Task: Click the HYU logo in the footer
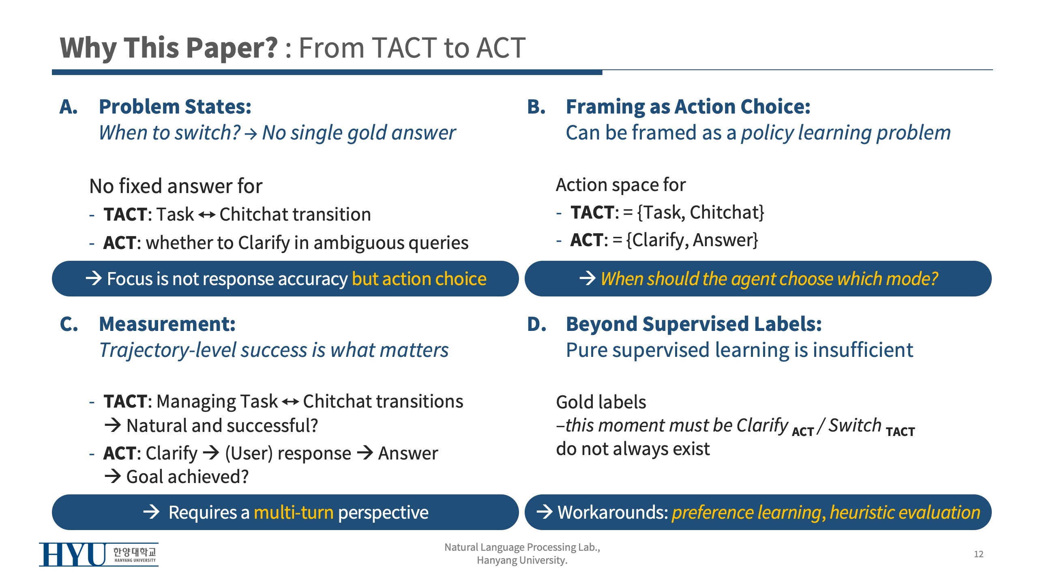tap(99, 554)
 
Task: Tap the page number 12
tap(978, 554)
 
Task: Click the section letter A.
tap(69, 107)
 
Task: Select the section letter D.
tap(536, 324)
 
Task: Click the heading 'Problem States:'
tap(175, 107)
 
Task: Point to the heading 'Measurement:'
tap(167, 324)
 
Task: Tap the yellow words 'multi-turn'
tap(294, 512)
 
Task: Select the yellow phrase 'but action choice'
tap(419, 279)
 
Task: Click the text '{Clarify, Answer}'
tap(692, 240)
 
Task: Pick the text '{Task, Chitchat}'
tap(701, 213)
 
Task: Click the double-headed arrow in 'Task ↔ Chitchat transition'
tap(207, 215)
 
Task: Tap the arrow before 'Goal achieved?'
tap(113, 476)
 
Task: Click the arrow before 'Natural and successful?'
tap(113, 425)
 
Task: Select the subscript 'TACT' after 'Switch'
tap(900, 432)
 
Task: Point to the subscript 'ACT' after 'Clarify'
tap(803, 432)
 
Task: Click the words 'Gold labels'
tap(601, 402)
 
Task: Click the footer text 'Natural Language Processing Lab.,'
tap(522, 547)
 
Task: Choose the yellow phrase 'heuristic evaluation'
tap(905, 512)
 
